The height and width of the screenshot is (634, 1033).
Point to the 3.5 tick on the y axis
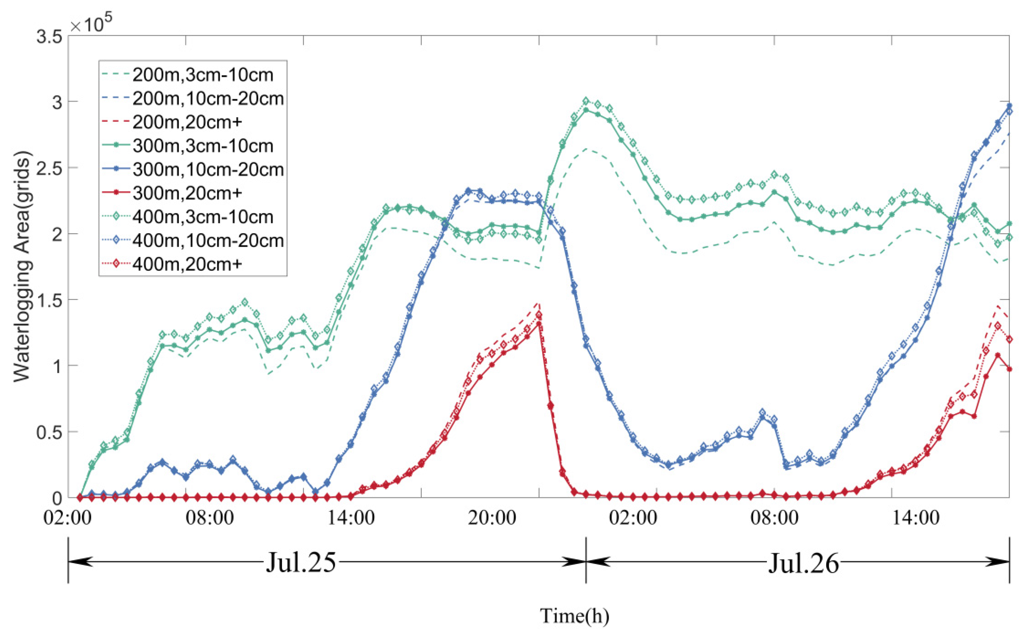pos(49,36)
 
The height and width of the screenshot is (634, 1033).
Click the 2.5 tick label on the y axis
pos(49,168)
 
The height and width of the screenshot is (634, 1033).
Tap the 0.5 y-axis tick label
pos(49,432)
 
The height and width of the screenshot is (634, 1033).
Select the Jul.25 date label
pos(301,562)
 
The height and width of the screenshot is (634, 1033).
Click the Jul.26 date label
pos(804,562)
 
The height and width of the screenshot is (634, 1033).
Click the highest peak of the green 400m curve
pos(586,101)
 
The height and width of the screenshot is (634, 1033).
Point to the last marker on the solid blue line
pos(1010,106)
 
